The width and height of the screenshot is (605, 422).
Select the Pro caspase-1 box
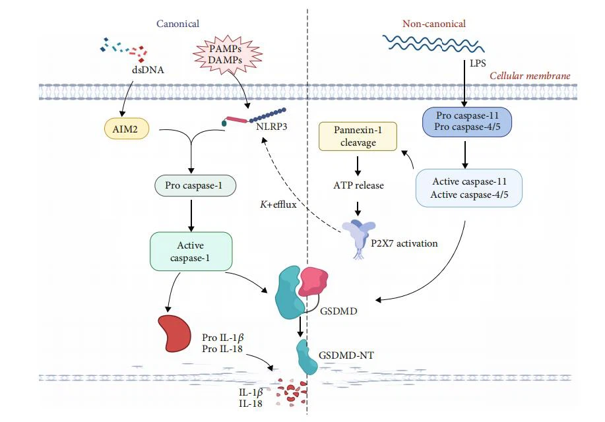[190, 185]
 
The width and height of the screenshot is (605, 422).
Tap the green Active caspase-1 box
[191, 251]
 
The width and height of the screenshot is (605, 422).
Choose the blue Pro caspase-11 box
[467, 121]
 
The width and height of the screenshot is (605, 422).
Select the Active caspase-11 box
[468, 188]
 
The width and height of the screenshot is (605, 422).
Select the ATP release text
[358, 185]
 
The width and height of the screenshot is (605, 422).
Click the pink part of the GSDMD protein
[315, 280]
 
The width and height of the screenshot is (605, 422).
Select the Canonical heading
[177, 24]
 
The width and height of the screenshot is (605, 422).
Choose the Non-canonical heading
[433, 24]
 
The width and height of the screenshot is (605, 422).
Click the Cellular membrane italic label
[530, 76]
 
